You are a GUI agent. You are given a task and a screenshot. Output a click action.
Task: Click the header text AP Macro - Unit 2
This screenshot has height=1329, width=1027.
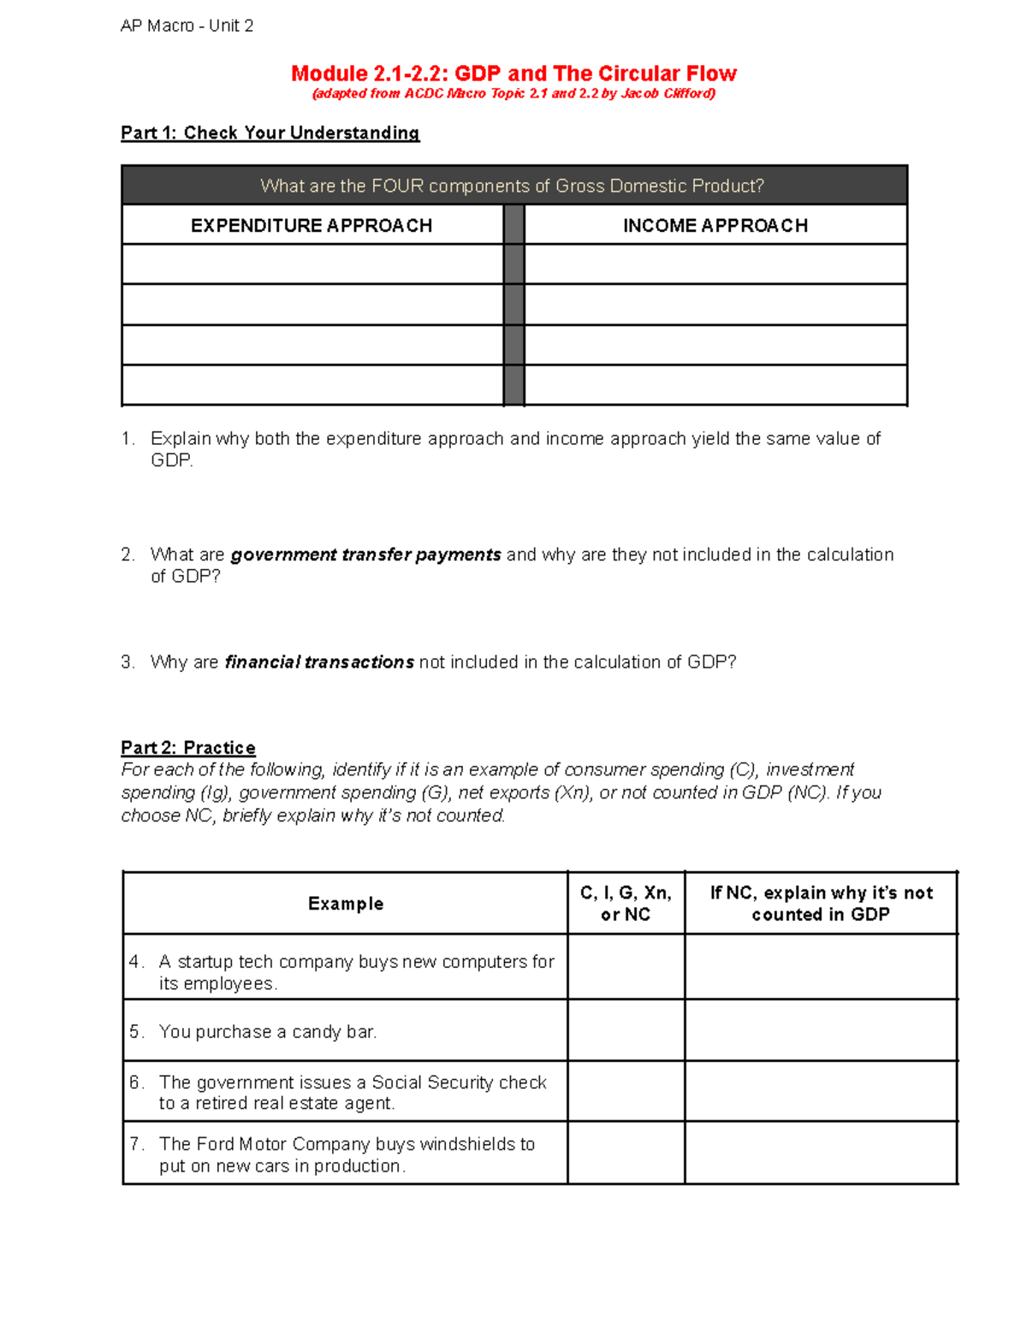(x=187, y=26)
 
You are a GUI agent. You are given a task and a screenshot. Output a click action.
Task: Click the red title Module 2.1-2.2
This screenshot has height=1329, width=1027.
(x=513, y=74)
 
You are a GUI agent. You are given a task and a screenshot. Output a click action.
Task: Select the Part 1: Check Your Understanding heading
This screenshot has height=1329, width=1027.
(x=270, y=133)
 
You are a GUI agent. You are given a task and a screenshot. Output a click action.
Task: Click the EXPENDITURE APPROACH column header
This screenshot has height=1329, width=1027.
(x=312, y=225)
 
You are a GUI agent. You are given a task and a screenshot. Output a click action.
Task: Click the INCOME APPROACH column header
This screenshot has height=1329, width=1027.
(x=715, y=225)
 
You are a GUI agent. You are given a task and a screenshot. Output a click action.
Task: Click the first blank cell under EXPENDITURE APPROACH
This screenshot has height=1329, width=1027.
(x=312, y=264)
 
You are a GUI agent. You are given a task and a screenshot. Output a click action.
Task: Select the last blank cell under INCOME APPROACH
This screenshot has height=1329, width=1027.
(x=715, y=385)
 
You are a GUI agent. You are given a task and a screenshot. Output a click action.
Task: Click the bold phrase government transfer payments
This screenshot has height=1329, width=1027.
(x=365, y=555)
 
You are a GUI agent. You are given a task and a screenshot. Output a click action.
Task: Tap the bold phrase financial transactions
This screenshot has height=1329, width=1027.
(x=319, y=662)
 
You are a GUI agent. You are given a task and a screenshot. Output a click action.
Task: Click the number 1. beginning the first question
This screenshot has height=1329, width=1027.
(x=128, y=439)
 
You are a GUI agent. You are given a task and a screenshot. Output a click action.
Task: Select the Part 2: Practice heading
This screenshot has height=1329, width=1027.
(x=188, y=748)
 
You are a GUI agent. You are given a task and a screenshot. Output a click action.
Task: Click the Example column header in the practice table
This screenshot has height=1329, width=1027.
(x=345, y=904)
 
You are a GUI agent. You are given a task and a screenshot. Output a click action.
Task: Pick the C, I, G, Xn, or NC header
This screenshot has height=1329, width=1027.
(x=626, y=904)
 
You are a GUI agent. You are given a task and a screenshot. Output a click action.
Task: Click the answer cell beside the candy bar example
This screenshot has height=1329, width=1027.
(x=626, y=1030)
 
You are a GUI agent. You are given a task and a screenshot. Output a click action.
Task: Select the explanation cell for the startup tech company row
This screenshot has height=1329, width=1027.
(x=821, y=967)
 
